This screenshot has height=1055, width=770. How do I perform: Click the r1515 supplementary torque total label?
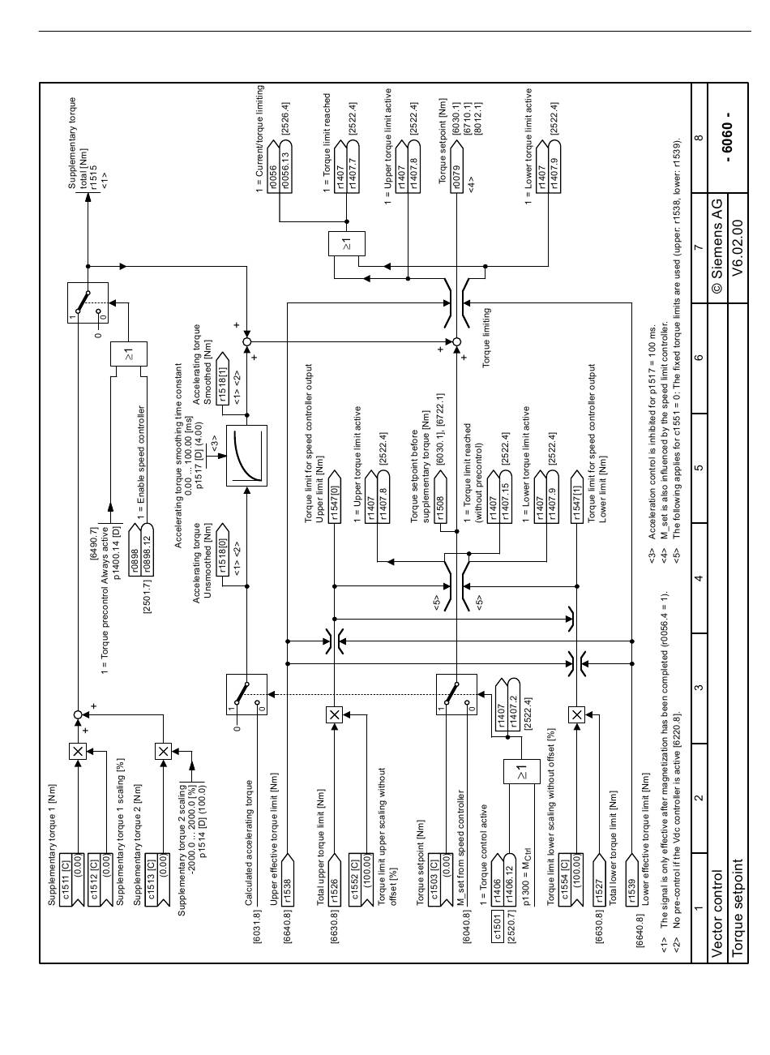coord(94,177)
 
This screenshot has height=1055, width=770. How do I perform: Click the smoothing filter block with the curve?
coord(246,456)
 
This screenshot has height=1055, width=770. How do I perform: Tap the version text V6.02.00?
coord(738,248)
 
